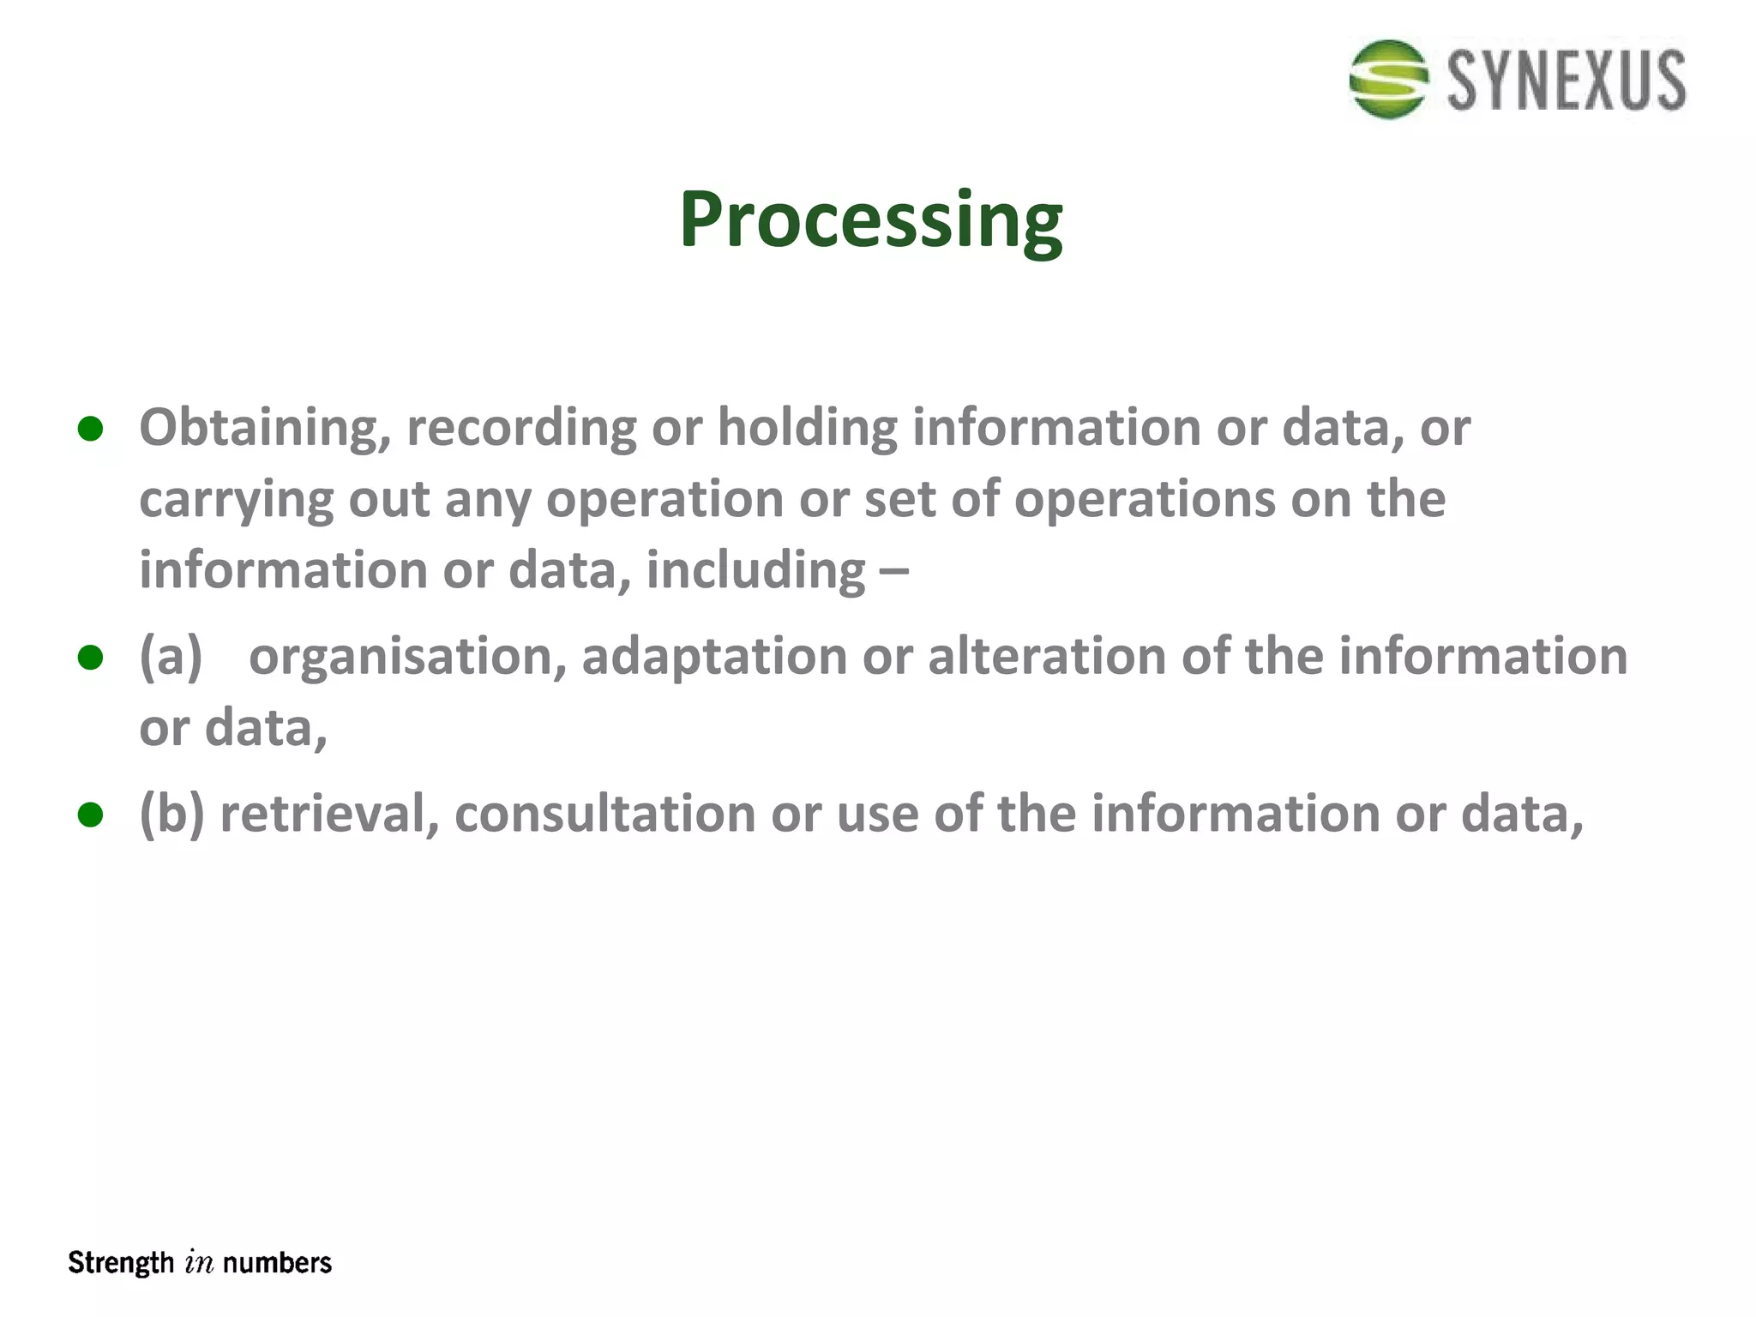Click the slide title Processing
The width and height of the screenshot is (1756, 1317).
(x=870, y=220)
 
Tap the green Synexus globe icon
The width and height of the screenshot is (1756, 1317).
(x=1388, y=79)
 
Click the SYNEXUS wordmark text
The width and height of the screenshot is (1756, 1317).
(x=1567, y=81)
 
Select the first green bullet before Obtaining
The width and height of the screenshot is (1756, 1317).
(x=90, y=429)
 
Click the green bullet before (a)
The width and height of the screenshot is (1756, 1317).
(x=90, y=658)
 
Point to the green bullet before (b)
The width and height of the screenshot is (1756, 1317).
(x=90, y=815)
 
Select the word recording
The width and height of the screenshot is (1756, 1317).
(x=521, y=428)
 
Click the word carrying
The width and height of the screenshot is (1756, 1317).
(x=236, y=500)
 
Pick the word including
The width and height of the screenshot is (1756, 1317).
(x=755, y=571)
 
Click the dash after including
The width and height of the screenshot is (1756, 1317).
(x=893, y=571)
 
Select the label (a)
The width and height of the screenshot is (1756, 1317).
(x=171, y=657)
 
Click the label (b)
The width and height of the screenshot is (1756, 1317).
(x=171, y=814)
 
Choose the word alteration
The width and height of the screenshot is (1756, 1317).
(x=1046, y=657)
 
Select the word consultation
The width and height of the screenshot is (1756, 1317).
(x=604, y=814)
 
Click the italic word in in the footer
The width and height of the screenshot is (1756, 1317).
(x=198, y=1263)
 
